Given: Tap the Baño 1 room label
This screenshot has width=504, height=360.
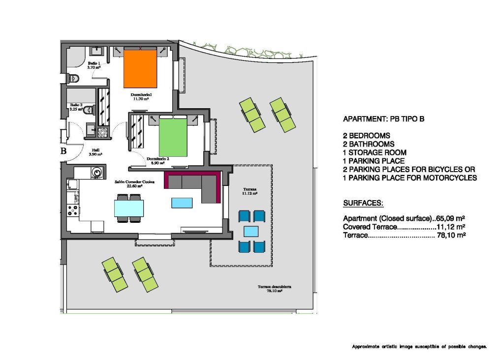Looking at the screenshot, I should pyautogui.click(x=94, y=65).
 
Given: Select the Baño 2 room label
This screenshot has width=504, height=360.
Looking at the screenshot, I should pyautogui.click(x=76, y=107).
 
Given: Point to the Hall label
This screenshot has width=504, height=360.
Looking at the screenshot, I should pyautogui.click(x=95, y=152).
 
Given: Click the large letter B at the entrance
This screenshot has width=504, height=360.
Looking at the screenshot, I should pyautogui.click(x=63, y=151).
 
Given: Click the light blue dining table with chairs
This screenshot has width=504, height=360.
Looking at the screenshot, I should pyautogui.click(x=128, y=208).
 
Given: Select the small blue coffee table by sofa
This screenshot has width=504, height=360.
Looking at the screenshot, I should pyautogui.click(x=182, y=202).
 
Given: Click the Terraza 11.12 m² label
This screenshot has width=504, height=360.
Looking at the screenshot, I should pyautogui.click(x=250, y=191).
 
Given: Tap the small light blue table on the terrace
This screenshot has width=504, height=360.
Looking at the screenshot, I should pyautogui.click(x=251, y=231).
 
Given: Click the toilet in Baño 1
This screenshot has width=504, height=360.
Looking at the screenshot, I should pyautogui.click(x=74, y=78).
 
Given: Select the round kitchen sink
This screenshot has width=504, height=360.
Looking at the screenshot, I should pyautogui.click(x=97, y=172).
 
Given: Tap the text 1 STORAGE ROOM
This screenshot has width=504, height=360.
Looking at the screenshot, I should pyautogui.click(x=373, y=152).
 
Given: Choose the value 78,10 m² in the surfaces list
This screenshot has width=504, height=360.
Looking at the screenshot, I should pyautogui.click(x=451, y=236).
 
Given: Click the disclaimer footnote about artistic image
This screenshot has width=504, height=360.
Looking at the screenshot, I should pyautogui.click(x=419, y=347).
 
